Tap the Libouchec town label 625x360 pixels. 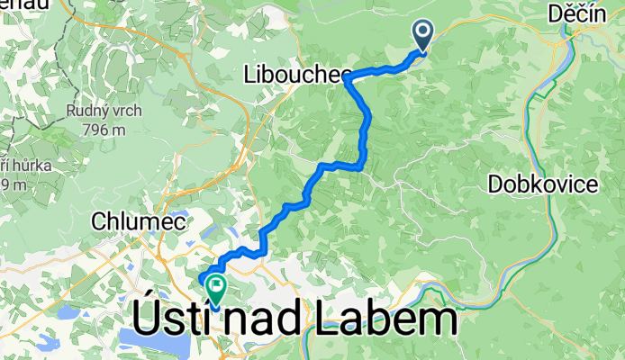(294, 78)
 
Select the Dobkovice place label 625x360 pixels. (543, 184)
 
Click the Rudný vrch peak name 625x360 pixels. (99, 112)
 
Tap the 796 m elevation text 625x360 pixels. (100, 130)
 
